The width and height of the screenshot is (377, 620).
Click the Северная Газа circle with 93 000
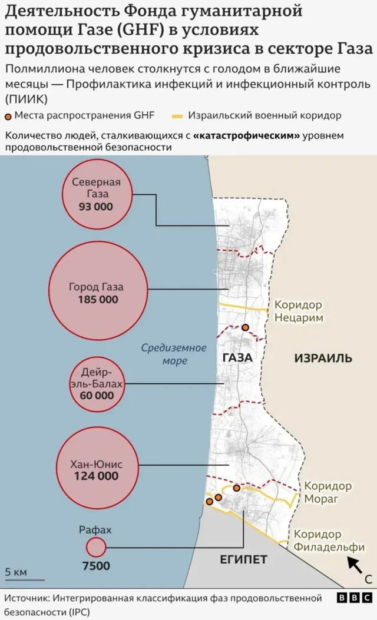[96, 194]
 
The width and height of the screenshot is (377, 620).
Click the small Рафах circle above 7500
[95, 548]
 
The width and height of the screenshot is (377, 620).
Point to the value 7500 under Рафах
[95, 566]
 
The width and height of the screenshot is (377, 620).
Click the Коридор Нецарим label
[298, 311]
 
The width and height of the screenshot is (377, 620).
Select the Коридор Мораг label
[328, 493]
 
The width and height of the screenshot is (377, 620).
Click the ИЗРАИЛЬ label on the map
[323, 358]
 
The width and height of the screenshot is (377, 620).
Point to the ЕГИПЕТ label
[244, 559]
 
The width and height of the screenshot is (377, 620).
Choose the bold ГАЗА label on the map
[237, 357]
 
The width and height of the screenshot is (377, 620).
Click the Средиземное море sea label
[174, 354]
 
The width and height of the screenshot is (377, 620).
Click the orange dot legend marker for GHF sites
[8, 116]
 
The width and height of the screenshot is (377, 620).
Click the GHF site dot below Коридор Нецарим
[245, 327]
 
